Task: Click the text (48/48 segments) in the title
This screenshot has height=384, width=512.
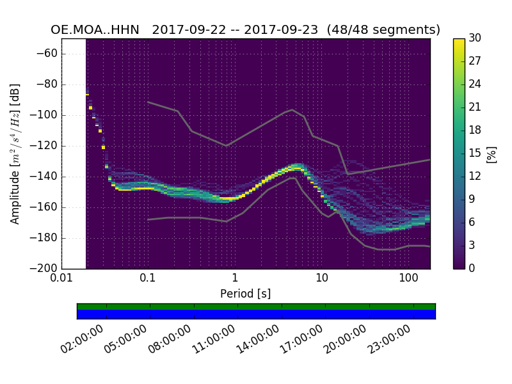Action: click(383, 30)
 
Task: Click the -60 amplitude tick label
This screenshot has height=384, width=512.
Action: click(47, 54)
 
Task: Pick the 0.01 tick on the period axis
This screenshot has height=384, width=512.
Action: click(61, 279)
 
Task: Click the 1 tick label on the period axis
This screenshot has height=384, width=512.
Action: click(235, 279)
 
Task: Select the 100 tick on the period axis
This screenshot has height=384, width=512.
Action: click(408, 279)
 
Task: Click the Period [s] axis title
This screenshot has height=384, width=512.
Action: click(245, 294)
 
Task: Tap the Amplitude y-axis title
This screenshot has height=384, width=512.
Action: click(15, 154)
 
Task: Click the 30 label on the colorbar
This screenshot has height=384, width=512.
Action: click(475, 38)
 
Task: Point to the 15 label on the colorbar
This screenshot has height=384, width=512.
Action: click(475, 154)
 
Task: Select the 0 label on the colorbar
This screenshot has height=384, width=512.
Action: click(472, 268)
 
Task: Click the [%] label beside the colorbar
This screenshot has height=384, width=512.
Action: click(492, 154)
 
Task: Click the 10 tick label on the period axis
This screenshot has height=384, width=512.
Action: click(321, 279)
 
